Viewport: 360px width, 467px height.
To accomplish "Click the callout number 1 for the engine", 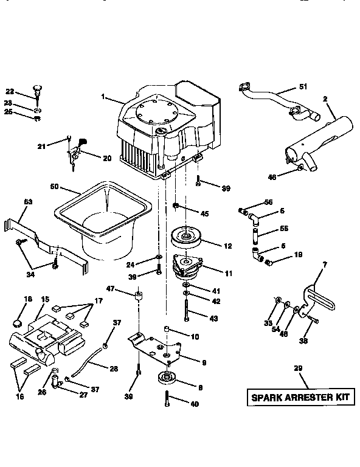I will tap(104, 96).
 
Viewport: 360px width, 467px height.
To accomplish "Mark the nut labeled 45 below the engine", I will tap(176, 207).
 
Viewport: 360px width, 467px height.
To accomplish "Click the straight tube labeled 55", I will tap(254, 233).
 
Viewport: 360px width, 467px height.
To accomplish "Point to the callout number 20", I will tap(107, 158).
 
